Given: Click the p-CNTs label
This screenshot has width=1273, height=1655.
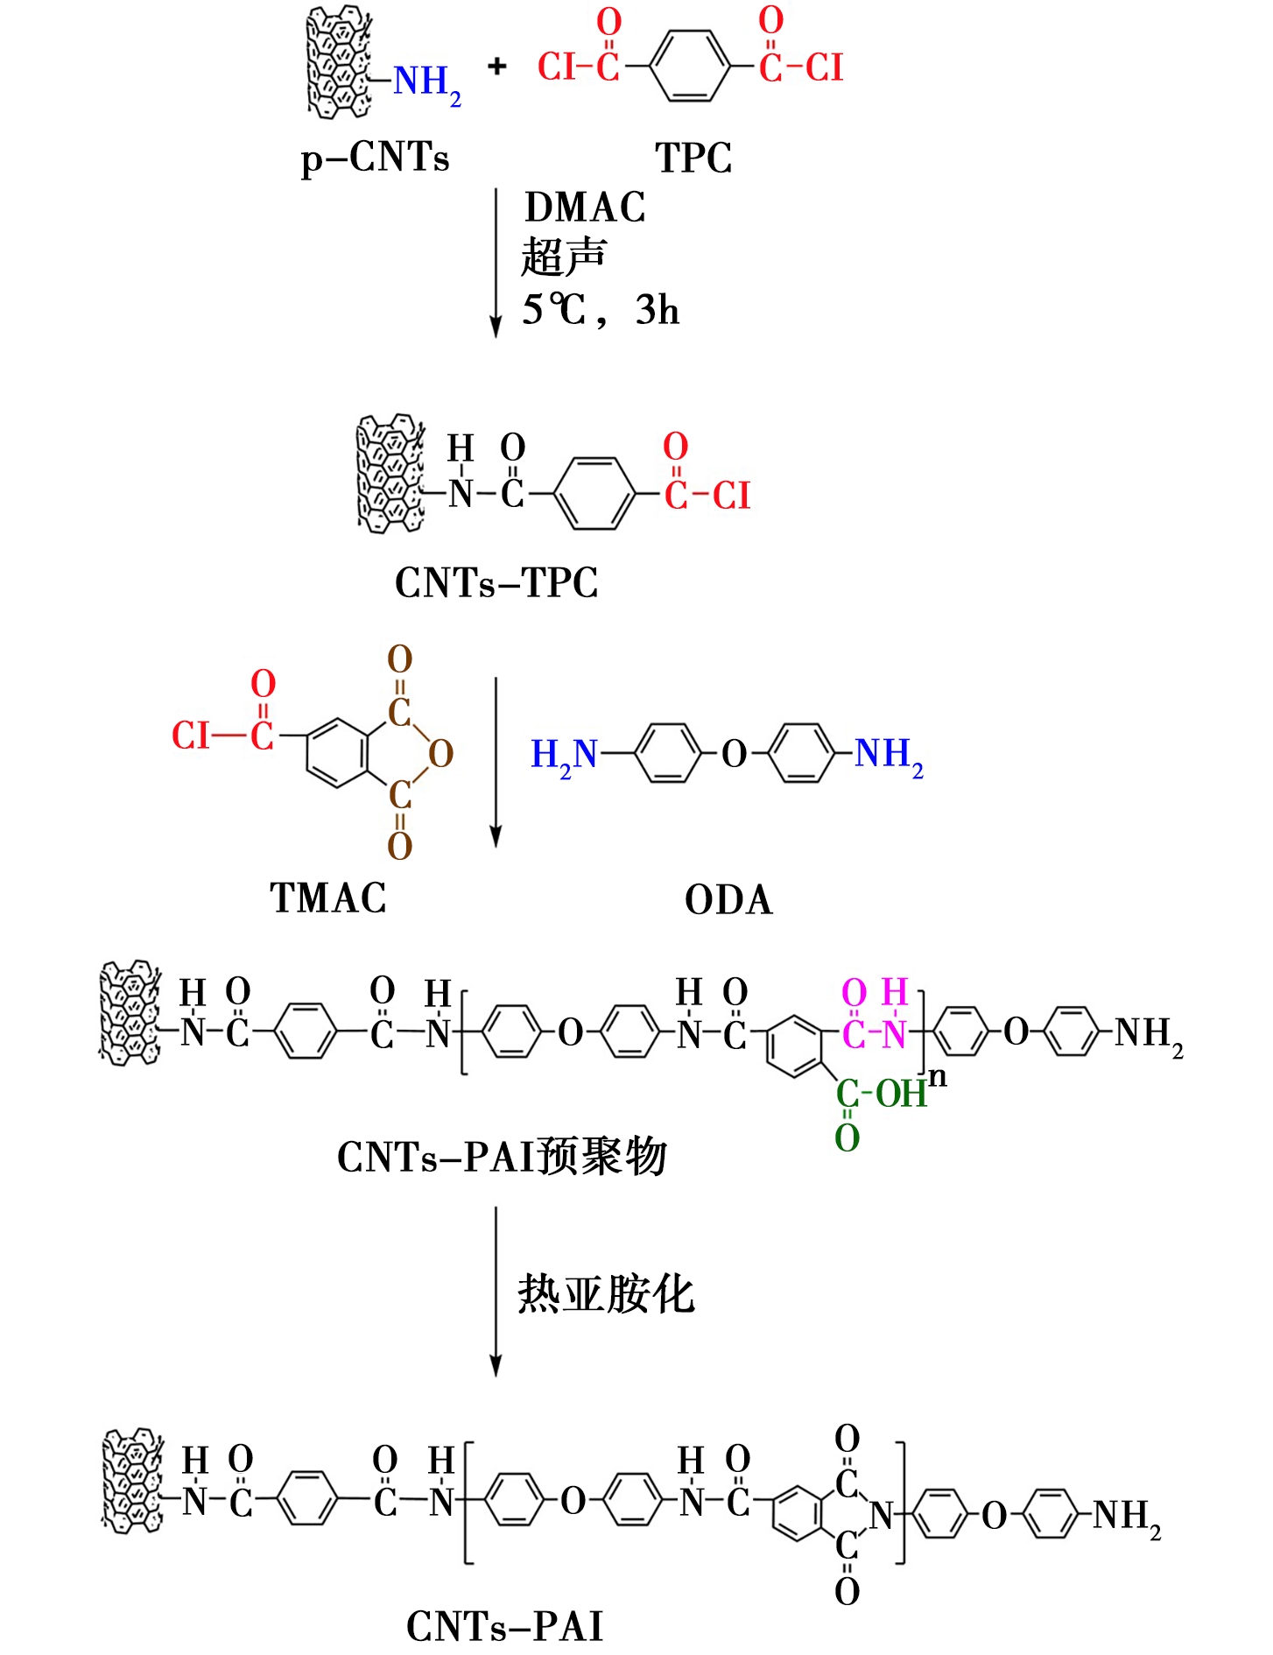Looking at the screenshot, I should click(x=375, y=158).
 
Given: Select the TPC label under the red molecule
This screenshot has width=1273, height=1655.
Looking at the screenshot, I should click(x=693, y=158).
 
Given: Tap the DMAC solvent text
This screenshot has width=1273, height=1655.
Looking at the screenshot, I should click(x=585, y=208).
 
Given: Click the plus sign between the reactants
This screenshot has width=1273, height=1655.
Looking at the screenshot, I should click(x=497, y=66).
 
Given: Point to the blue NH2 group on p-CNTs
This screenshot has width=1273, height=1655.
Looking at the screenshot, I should click(x=426, y=82).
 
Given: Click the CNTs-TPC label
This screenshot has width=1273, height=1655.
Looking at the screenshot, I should click(x=496, y=583).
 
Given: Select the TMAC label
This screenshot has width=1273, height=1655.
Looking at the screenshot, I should click(x=328, y=898).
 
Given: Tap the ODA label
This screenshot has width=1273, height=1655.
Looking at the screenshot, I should click(x=728, y=900).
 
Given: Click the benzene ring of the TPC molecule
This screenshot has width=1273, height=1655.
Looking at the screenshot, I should click(x=690, y=66).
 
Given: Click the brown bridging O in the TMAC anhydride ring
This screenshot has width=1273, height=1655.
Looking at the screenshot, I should click(x=440, y=753).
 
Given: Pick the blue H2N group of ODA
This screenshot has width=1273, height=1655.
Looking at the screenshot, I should click(x=563, y=755).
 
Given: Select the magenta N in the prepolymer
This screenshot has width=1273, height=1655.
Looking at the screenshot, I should click(x=895, y=1035).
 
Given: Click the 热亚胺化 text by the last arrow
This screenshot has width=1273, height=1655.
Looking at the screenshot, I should click(x=606, y=1294).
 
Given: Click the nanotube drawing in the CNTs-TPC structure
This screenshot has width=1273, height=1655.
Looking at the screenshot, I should click(x=390, y=474).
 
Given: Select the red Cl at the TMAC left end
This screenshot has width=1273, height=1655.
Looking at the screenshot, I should click(x=191, y=736).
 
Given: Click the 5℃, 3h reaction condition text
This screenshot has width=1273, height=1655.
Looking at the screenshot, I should click(x=601, y=310).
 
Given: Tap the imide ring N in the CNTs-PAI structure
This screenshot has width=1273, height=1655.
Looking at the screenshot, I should click(x=881, y=1515).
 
